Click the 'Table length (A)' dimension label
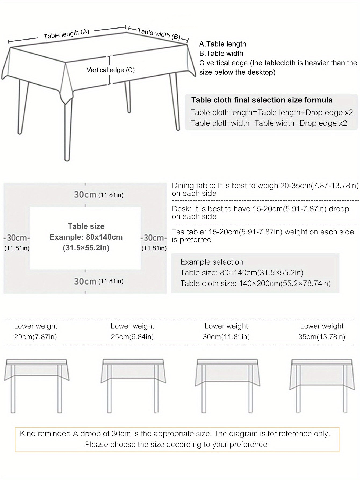[x=66, y=34]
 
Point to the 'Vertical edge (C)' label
[x=110, y=70]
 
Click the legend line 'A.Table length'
[x=222, y=44]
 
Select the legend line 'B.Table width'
[x=221, y=53]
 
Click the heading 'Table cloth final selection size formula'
[x=262, y=100]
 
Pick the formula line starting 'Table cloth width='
[x=269, y=123]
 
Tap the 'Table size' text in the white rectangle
[x=86, y=226]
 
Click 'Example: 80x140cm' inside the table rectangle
[x=86, y=237]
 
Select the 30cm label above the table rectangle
[x=85, y=194]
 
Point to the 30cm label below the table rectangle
[x=85, y=281]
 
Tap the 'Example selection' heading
[x=212, y=262]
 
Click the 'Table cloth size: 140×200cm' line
[x=255, y=283]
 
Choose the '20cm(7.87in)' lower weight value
[x=35, y=337]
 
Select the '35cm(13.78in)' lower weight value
[x=322, y=337]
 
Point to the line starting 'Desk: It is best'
[x=260, y=209]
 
